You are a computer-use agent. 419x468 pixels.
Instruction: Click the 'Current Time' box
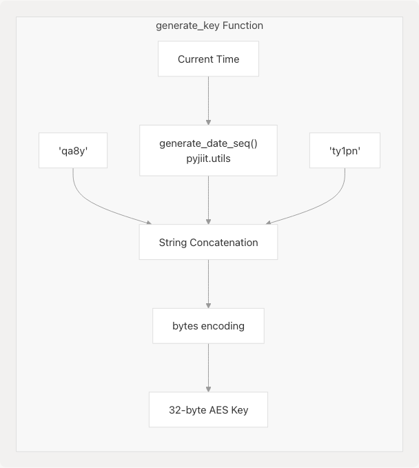click(208, 59)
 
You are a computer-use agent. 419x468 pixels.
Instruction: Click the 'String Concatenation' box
click(208, 242)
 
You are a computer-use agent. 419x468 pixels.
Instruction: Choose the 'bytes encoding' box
click(208, 325)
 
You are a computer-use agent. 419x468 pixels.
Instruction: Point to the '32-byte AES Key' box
click(208, 409)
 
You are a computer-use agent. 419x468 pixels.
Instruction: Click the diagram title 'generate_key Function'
click(209, 26)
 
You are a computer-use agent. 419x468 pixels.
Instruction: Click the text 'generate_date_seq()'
click(208, 143)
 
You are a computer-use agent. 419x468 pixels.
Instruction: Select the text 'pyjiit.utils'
click(208, 157)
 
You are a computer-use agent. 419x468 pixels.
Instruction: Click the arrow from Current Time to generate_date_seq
click(208, 100)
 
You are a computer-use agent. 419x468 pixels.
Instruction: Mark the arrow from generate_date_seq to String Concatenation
click(208, 200)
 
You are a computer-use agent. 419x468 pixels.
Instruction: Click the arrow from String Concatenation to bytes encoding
click(208, 283)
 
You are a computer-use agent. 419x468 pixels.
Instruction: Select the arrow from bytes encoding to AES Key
click(208, 367)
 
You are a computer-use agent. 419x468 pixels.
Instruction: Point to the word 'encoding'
click(223, 325)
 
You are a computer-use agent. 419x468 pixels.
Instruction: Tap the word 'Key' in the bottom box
click(238, 409)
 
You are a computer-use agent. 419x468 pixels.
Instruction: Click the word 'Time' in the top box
click(227, 59)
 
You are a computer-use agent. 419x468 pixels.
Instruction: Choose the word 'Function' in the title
click(241, 26)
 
